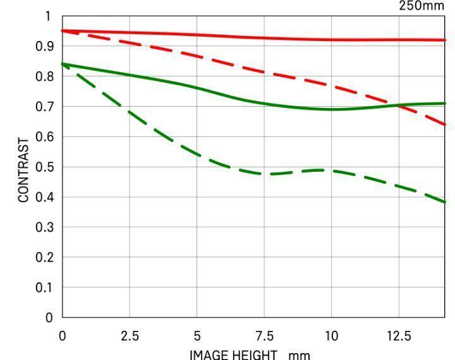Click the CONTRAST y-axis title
point(23,170)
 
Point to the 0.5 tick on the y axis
point(47,167)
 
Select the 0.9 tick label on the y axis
point(47,47)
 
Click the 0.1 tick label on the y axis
point(47,288)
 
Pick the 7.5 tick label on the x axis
point(264,335)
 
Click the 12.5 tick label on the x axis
point(399,335)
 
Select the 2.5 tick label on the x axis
point(130,335)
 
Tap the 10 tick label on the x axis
point(332,335)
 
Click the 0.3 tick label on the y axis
point(47,227)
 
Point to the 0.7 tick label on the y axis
point(47,107)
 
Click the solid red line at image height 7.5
point(264,38)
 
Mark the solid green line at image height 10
point(332,109)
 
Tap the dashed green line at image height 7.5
point(264,173)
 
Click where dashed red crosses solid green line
point(397,105)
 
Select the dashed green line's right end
point(445,201)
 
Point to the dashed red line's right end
point(445,124)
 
